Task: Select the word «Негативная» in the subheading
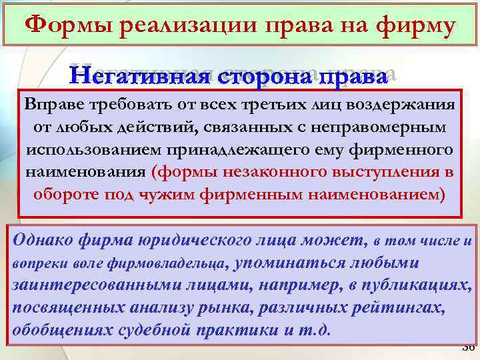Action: click(145, 75)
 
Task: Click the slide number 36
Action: click(467, 348)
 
